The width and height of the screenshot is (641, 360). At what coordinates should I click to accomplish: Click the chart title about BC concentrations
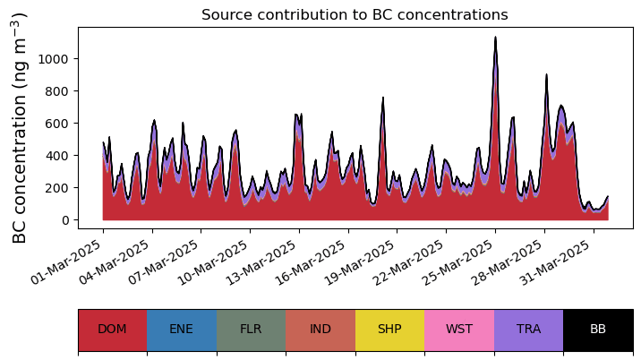(355, 15)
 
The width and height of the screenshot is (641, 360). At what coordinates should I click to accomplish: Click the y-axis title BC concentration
(21, 127)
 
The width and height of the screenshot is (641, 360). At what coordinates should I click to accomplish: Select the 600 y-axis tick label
(59, 124)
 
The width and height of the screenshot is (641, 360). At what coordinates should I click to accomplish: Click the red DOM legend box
(112, 329)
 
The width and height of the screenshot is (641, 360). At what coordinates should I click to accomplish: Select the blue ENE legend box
(181, 329)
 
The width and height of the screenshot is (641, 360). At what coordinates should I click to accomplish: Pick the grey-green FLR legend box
(251, 329)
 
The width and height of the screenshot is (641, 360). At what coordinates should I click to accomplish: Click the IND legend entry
(320, 329)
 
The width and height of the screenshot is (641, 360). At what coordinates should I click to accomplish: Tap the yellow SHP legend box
(389, 329)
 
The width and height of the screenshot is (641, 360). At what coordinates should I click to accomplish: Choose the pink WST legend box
(459, 329)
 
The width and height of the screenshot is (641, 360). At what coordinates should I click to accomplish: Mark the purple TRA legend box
(528, 329)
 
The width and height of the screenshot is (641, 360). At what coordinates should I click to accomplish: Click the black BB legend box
(598, 329)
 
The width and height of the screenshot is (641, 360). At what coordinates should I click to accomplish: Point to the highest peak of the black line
(495, 38)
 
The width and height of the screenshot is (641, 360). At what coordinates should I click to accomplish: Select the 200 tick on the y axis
(59, 188)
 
